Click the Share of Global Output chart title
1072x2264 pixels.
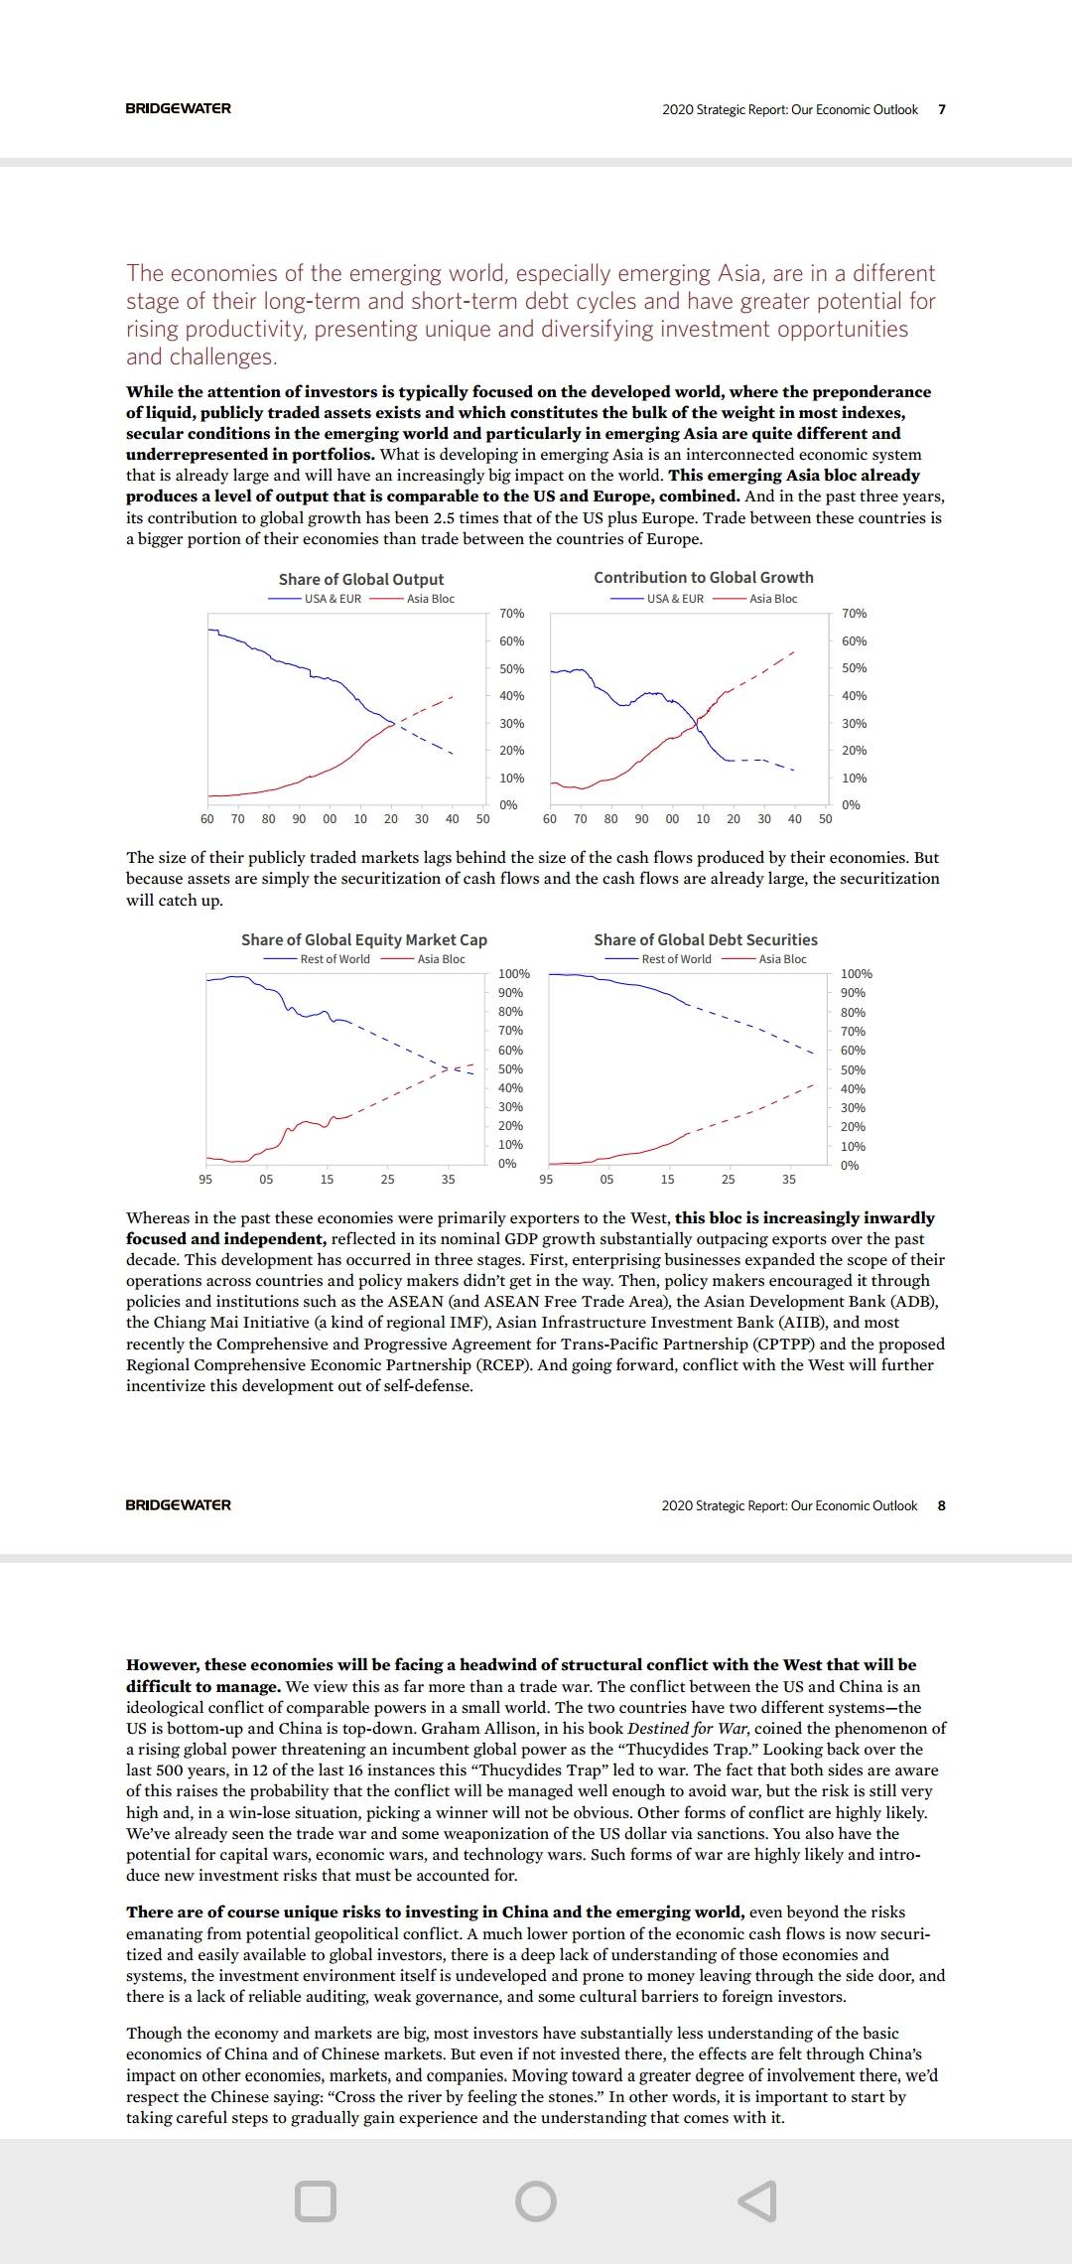coord(361,579)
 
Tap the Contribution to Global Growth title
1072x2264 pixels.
coord(704,577)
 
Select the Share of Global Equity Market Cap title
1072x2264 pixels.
coord(364,939)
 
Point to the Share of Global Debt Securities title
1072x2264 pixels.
coord(706,939)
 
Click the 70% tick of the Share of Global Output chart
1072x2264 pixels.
coord(511,614)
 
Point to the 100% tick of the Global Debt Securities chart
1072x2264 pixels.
coord(856,974)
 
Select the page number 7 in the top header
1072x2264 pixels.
coord(942,109)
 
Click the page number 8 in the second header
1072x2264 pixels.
coord(942,1505)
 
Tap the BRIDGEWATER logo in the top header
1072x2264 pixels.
coord(179,108)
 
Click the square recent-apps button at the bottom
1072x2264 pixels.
coord(316,2200)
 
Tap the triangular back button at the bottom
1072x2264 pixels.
coord(757,2200)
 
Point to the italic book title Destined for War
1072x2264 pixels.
coord(688,1728)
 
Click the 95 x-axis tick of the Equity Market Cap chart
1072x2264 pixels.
coord(205,1180)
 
